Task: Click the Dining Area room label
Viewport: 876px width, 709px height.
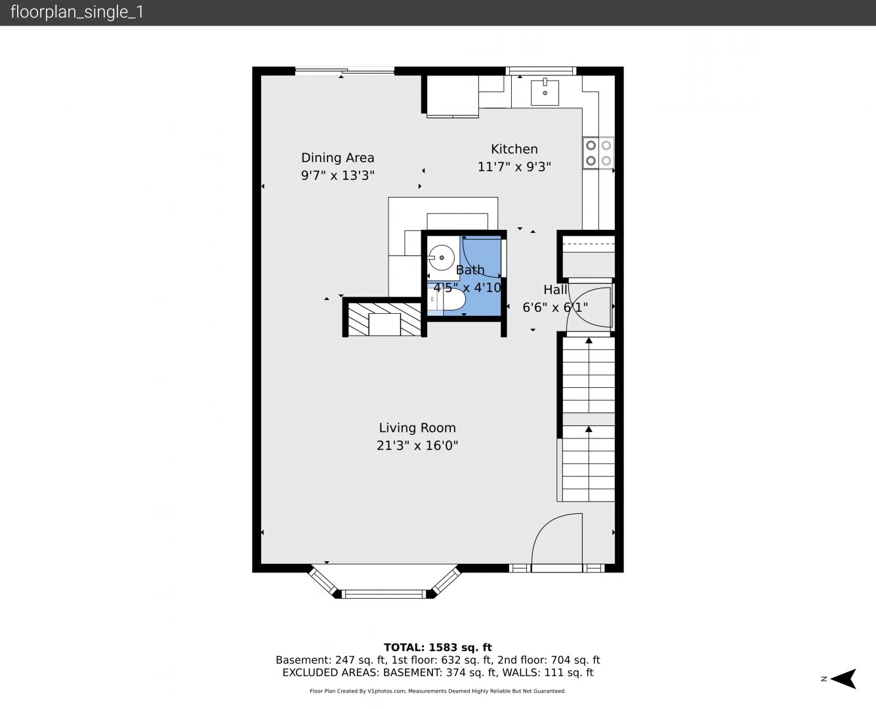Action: (x=338, y=158)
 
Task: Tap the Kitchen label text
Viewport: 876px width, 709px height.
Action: (x=514, y=149)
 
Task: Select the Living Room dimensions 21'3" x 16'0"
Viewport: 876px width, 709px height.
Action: (x=417, y=445)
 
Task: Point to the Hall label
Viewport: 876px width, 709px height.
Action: (x=555, y=290)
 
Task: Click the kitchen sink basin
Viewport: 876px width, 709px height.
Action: (x=545, y=93)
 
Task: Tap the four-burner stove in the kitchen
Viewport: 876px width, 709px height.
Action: (x=598, y=153)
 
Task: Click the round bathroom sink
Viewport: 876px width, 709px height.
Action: (x=442, y=257)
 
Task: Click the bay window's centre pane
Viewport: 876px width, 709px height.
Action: (x=384, y=593)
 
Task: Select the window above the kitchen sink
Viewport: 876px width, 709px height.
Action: (x=541, y=71)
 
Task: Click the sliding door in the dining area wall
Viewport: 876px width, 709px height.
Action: (x=344, y=71)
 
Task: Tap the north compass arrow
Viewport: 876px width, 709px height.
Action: (x=843, y=679)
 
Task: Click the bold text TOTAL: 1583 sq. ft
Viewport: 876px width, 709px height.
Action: (x=438, y=647)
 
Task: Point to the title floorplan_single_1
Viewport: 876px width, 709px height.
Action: (x=77, y=12)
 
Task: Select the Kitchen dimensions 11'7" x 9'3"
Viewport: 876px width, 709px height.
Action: (x=514, y=167)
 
